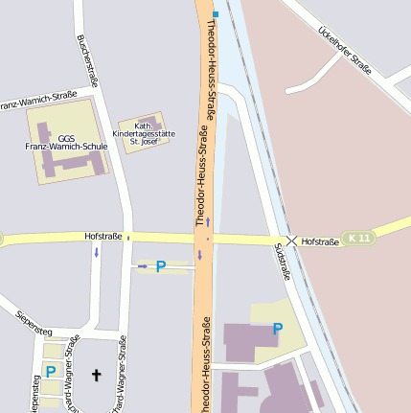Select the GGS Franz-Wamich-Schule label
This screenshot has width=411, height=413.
(x=65, y=142)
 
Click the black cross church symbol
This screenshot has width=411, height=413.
(x=95, y=375)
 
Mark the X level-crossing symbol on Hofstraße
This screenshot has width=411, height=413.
(x=291, y=240)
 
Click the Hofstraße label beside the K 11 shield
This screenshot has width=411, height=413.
(x=320, y=242)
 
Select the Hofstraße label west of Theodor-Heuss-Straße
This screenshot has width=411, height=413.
(x=103, y=235)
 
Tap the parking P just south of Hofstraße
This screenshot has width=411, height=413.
(x=161, y=266)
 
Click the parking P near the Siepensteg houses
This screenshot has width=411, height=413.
(x=50, y=371)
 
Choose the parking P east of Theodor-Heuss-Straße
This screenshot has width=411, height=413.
(x=278, y=329)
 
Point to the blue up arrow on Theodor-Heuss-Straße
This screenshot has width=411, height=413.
(x=207, y=221)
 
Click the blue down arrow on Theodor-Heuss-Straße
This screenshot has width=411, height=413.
(x=199, y=255)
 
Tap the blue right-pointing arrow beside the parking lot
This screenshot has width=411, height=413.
(x=143, y=265)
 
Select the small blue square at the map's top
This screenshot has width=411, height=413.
(x=217, y=14)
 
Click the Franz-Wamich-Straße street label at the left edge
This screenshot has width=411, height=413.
(x=38, y=101)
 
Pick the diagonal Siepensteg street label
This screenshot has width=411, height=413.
(x=34, y=322)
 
